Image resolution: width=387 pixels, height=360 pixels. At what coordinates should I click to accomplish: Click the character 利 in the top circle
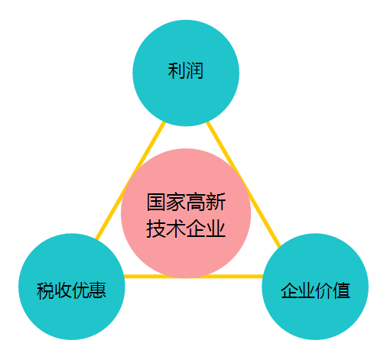coord(177,70)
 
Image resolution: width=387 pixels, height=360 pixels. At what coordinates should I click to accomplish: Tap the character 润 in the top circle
coord(194,70)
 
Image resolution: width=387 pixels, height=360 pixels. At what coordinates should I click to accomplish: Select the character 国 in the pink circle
coord(157,202)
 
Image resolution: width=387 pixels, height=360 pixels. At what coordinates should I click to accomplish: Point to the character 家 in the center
coord(176,202)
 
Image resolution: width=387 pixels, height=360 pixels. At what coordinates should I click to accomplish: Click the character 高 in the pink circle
coord(196,202)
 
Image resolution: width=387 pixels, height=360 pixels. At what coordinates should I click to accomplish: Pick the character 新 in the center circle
coord(216,202)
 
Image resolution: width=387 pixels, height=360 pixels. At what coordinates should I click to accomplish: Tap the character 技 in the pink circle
coord(157,229)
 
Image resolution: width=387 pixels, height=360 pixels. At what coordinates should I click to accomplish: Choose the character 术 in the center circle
coord(176,229)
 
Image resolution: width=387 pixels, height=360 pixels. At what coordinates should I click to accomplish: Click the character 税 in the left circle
coord(45,290)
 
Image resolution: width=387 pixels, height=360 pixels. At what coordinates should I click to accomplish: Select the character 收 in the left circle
coord(63,290)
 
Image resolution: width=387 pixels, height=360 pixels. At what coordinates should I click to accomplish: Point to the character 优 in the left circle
coord(80,290)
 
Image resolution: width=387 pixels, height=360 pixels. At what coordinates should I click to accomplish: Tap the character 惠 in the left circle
coord(97,290)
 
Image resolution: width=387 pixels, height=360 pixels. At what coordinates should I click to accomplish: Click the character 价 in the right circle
coord(324,290)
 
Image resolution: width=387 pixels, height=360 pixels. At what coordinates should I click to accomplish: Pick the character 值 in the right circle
coord(341,290)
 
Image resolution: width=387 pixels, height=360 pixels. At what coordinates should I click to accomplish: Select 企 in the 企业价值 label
coord(289,290)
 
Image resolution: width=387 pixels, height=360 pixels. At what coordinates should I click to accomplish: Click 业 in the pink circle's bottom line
coord(216,229)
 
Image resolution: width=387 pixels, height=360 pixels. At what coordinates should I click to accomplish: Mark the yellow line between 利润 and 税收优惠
coord(130,181)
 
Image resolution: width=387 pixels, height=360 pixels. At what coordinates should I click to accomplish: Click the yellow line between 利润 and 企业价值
coord(244,184)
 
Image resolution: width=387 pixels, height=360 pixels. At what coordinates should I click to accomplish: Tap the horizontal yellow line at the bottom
coord(193,277)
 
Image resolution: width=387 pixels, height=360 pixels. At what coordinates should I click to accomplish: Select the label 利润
coord(186,70)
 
